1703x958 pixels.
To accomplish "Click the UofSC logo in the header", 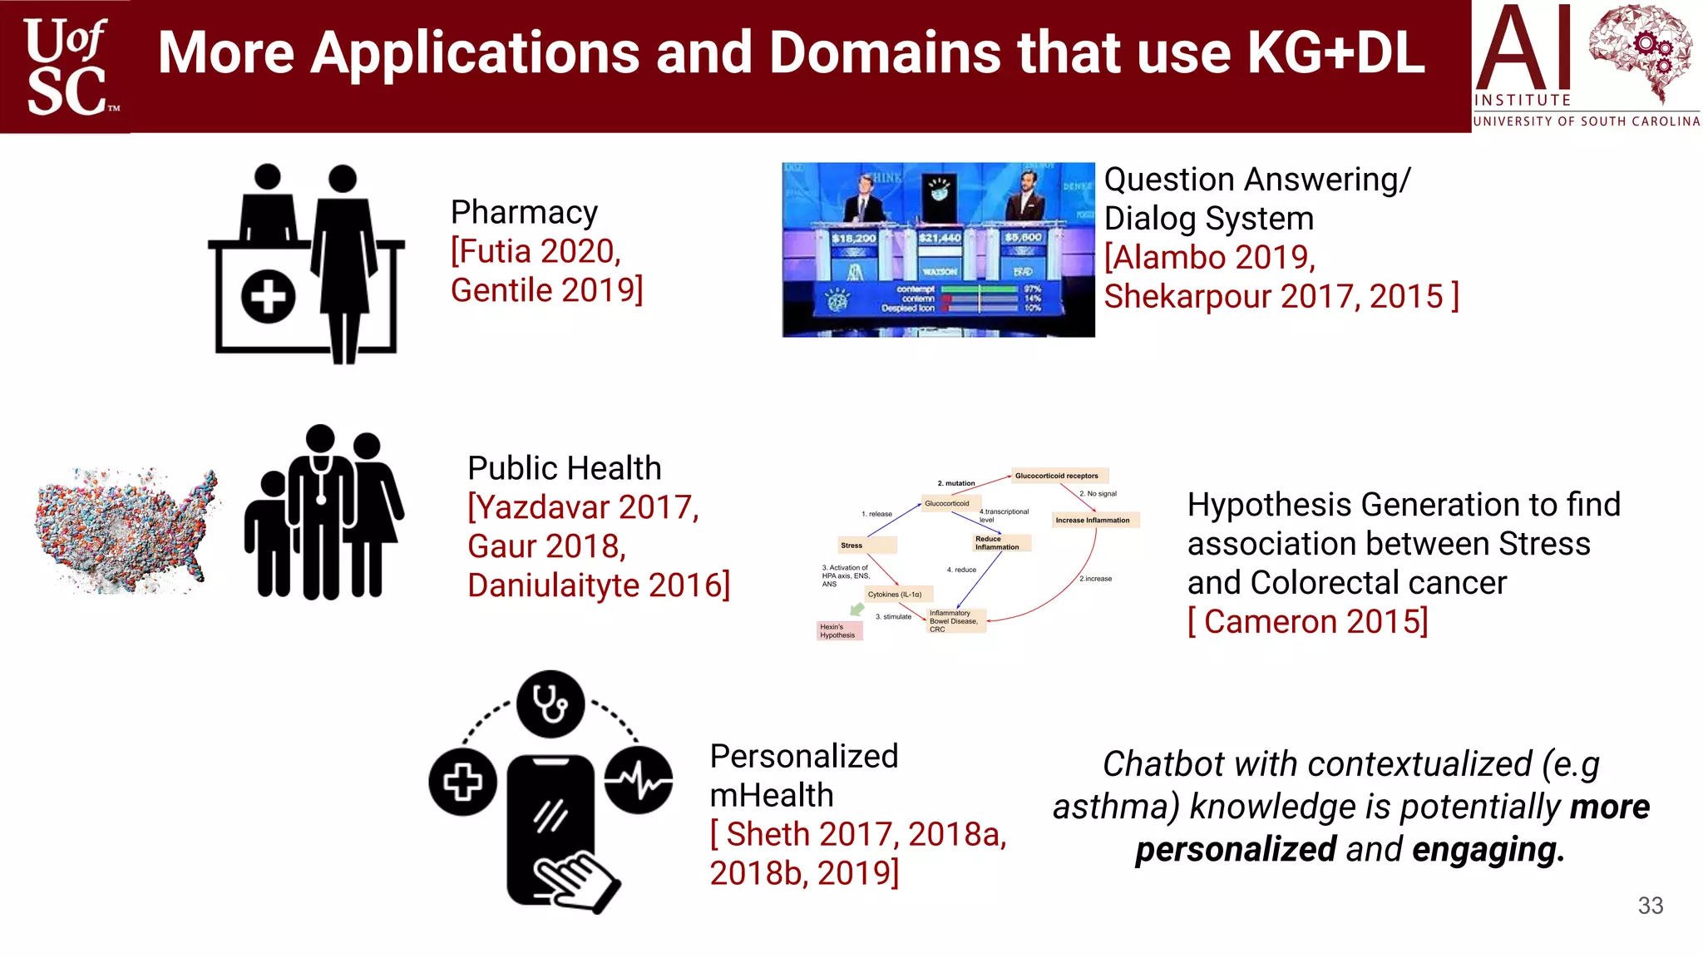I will (67, 67).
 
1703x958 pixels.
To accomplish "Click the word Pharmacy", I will (524, 213).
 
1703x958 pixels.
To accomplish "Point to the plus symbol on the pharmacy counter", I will (268, 296).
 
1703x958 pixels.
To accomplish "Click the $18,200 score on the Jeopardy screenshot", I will (853, 238).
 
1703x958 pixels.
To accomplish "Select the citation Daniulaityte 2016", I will (599, 585).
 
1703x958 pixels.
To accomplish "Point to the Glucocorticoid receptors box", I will (1057, 476).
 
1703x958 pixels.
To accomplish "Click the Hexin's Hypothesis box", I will (838, 631).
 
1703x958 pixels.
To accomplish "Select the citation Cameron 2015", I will (1308, 622).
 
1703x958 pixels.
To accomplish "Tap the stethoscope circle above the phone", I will (550, 704).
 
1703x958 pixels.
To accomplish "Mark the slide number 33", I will (1650, 906).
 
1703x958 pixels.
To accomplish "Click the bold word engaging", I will (1488, 850).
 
